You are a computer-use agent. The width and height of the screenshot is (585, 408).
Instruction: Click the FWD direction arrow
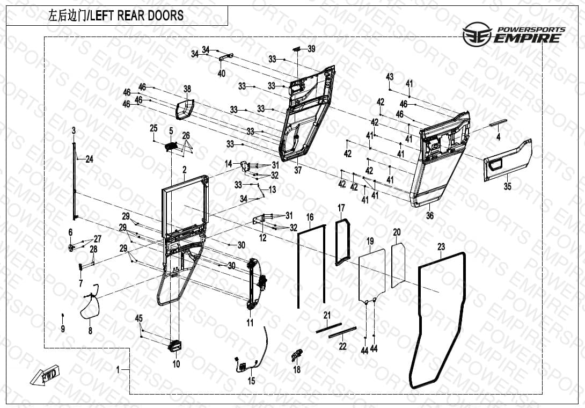[x=45, y=375]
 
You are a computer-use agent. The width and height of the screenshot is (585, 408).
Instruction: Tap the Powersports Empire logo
[x=514, y=34]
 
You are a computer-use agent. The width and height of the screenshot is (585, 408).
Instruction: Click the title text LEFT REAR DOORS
[x=137, y=16]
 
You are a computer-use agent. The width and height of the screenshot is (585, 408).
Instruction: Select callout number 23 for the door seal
[x=441, y=247]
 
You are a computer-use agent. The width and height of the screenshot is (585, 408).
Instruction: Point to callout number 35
[x=507, y=186]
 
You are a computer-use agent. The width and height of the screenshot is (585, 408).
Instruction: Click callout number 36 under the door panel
[x=430, y=215]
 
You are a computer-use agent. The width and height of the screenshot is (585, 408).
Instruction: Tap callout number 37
[x=298, y=170]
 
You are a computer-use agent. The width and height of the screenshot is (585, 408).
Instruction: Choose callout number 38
[x=187, y=89]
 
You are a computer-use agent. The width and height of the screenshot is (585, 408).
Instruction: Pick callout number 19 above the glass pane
[x=370, y=241]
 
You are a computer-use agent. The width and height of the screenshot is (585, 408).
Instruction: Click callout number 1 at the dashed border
[x=118, y=369]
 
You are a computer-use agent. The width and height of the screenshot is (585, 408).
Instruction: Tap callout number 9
[x=63, y=329]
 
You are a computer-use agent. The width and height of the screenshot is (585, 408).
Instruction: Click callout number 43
[x=390, y=77]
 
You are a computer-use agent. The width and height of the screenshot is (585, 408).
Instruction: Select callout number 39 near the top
[x=311, y=49]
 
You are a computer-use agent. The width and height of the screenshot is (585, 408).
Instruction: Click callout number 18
[x=297, y=369]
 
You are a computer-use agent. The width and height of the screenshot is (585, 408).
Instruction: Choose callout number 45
[x=139, y=318]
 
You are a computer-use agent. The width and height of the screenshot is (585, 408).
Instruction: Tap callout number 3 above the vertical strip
[x=74, y=130]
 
